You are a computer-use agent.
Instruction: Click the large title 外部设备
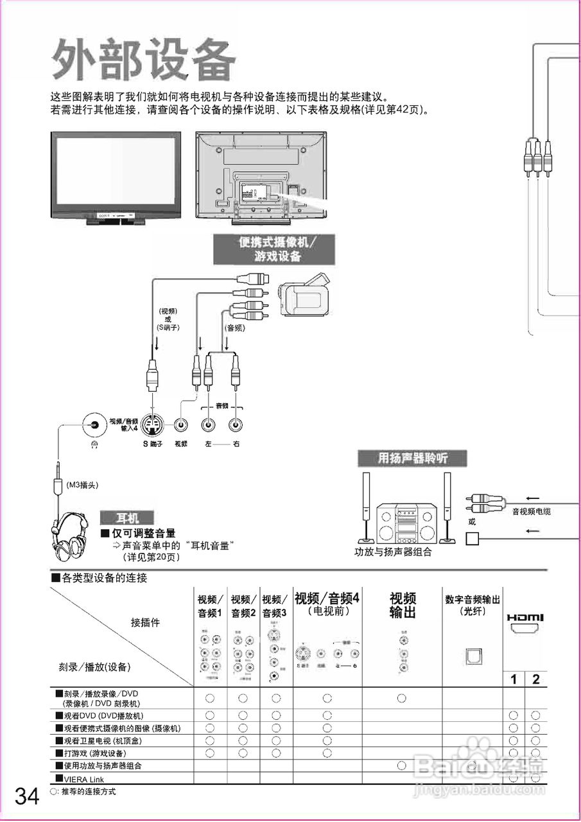pos(144,61)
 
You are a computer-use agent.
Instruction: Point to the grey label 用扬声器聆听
pos(412,458)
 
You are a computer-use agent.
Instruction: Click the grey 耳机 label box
pos(126,518)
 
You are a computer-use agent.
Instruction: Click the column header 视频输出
pos(403,606)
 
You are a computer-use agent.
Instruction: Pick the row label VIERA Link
pos(83,779)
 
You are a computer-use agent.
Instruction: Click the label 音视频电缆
pos(531,512)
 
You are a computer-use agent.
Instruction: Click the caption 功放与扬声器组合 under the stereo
pos(393,552)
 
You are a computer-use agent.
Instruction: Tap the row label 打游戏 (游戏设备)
pos(94,753)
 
